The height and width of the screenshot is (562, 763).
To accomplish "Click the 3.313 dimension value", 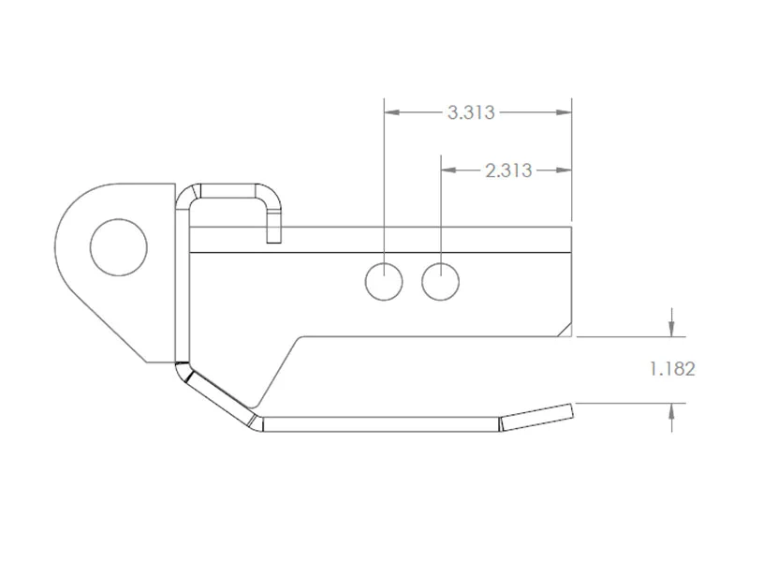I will (471, 113).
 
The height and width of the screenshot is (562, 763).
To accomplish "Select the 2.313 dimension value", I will (508, 170).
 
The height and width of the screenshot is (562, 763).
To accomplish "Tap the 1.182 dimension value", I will (672, 369).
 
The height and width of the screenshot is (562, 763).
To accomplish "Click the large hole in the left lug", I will (118, 247).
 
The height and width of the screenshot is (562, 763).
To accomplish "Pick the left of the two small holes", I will (384, 281).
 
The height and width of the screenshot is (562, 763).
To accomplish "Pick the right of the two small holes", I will (440, 281).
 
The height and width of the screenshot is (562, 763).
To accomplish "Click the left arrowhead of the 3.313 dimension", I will (392, 112).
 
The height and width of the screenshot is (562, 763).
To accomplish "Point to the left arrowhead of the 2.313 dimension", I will (448, 170).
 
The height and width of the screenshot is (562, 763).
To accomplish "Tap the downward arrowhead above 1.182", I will (671, 328).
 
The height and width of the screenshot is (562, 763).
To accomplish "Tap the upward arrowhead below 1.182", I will (671, 412).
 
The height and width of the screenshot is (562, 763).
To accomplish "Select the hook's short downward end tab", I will (273, 229).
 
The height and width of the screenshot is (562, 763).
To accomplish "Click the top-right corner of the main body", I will (571, 228).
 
